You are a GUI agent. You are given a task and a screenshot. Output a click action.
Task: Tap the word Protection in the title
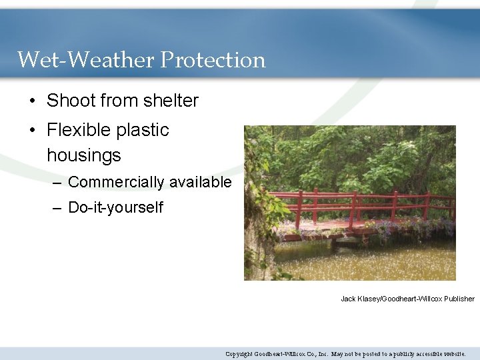point(213,60)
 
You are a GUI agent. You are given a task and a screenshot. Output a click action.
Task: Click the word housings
point(84,156)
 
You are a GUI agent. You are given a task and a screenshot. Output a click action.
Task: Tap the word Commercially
point(116,182)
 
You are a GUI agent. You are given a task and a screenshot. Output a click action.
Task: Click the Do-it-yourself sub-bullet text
point(115,207)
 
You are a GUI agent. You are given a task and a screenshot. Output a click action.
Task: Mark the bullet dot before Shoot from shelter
point(32,101)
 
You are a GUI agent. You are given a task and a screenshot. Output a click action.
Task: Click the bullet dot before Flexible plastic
point(32,131)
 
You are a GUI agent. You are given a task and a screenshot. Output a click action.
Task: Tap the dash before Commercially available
point(58,183)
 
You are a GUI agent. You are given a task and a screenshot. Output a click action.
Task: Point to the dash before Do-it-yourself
point(58,208)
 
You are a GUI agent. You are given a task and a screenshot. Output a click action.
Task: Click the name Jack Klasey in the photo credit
point(361,299)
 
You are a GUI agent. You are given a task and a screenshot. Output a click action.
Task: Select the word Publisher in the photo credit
point(459,299)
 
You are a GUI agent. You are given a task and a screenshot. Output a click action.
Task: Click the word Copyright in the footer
point(239,354)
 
